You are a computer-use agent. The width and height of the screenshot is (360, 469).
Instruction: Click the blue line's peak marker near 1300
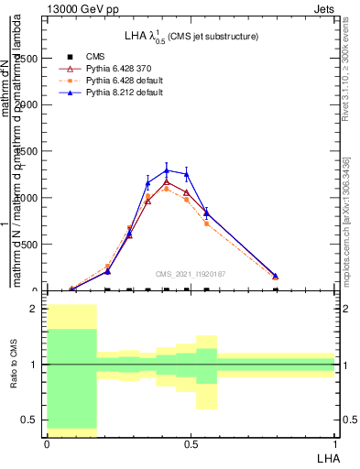[167, 169]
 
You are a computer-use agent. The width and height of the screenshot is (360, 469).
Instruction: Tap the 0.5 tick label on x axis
[191, 443]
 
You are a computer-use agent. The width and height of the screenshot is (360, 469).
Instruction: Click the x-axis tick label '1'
[334, 443]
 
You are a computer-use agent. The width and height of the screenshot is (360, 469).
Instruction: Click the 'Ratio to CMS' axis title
[14, 365]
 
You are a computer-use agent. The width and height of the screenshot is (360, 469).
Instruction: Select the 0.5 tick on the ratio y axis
[32, 420]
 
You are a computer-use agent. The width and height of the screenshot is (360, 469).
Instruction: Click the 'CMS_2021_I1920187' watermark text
[191, 273]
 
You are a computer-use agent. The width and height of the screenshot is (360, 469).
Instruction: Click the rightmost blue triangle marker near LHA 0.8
[276, 276]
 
